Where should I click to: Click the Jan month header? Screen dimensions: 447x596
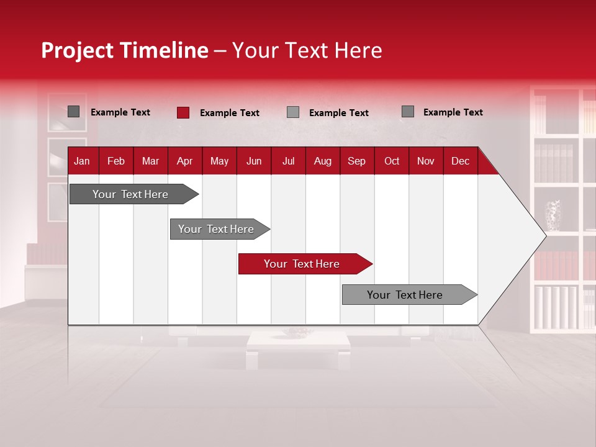(82, 161)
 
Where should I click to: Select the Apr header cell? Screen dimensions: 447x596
(184, 161)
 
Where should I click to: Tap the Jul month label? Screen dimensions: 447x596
(288, 161)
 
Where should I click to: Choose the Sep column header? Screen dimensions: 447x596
(356, 161)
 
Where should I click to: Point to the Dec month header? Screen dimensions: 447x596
(460, 161)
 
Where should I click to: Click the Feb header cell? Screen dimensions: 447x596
(116, 161)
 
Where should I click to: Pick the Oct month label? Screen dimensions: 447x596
(392, 161)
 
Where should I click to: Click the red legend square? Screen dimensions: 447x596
(183, 112)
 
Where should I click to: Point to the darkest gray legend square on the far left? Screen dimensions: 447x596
(74, 112)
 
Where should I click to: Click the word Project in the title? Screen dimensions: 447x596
(78, 50)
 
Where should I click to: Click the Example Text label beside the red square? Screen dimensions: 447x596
(230, 113)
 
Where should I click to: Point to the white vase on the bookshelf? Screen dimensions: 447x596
(553, 215)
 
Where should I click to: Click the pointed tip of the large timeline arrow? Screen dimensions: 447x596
(544, 235)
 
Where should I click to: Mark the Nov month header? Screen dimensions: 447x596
(426, 161)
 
